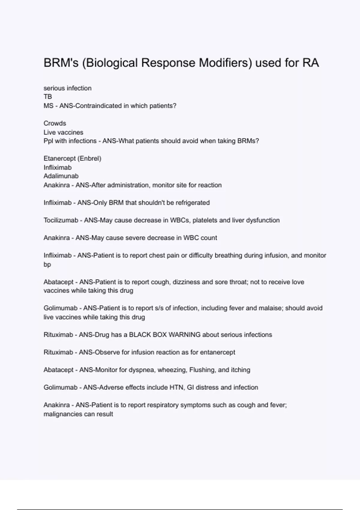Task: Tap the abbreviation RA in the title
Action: [310, 63]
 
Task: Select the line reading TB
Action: [48, 97]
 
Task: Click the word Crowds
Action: [55, 123]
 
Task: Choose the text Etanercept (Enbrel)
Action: [72, 158]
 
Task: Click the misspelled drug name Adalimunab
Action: [61, 176]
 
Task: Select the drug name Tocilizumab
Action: [61, 220]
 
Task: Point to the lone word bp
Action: [47, 265]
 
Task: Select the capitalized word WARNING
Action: [184, 335]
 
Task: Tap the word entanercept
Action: [217, 352]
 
